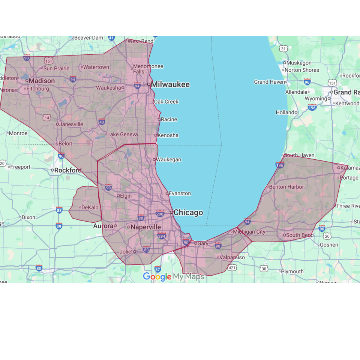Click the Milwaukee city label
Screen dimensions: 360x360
tap(170, 85)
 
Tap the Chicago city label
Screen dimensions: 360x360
tap(188, 213)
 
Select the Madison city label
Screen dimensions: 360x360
tap(42, 81)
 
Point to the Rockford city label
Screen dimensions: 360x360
tap(68, 170)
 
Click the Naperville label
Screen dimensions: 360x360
tap(145, 227)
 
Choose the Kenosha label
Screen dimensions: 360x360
tap(168, 135)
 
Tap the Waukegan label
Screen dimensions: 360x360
tap(168, 159)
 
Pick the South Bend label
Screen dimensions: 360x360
tap(300, 235)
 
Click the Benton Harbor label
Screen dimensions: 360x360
tap(286, 187)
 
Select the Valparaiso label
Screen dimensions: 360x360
tap(232, 258)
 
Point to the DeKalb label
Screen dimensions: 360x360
tap(90, 207)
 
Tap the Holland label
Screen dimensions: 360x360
tap(285, 112)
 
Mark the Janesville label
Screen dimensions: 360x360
tap(71, 124)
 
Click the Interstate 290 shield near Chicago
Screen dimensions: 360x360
tap(160, 213)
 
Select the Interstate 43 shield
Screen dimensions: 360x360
tap(102, 121)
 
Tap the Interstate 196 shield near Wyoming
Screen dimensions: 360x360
tap(312, 108)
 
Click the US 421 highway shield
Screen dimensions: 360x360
tap(232, 268)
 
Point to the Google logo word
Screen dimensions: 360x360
tap(157, 277)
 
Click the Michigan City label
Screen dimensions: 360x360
tap(249, 232)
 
